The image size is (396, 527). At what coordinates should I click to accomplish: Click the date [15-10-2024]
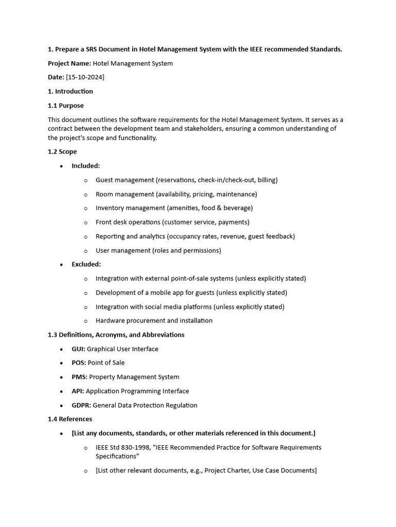(85, 77)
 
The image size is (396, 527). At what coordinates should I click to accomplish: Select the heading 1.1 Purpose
(65, 106)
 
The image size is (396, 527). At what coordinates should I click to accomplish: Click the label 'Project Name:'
(69, 63)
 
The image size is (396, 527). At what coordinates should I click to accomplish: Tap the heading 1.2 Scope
(62, 152)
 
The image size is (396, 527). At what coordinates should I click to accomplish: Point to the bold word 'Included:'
(86, 166)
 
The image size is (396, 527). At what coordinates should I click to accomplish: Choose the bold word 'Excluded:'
(86, 264)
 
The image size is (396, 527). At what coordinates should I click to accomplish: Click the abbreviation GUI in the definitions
(78, 349)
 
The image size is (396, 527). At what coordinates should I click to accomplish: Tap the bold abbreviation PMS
(79, 377)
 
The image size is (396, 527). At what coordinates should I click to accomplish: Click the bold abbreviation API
(78, 391)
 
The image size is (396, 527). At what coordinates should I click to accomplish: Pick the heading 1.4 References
(70, 419)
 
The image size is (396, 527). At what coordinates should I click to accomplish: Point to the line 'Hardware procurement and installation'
(154, 321)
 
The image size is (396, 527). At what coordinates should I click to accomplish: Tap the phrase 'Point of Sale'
(106, 363)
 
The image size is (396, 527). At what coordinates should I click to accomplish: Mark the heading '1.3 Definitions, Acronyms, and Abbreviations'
(116, 335)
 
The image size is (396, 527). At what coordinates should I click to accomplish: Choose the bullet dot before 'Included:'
(61, 166)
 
